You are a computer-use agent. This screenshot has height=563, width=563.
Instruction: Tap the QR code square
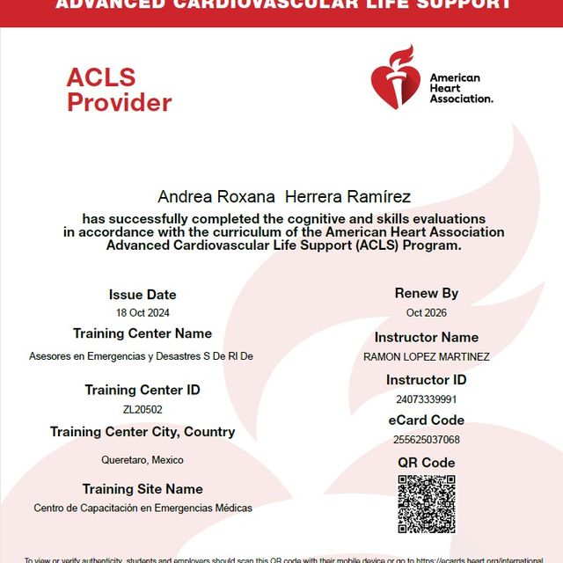tap(427, 504)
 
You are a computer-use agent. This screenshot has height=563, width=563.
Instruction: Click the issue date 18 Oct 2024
tap(143, 313)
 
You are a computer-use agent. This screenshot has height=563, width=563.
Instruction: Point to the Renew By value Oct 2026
tap(427, 313)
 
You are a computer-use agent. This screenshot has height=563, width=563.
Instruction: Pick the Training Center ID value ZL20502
tap(143, 409)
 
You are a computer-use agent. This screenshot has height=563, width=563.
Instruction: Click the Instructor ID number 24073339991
tap(427, 399)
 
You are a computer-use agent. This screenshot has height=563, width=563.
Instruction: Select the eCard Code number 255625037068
tap(427, 440)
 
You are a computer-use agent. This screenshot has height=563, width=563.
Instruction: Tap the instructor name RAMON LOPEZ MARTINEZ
tap(427, 357)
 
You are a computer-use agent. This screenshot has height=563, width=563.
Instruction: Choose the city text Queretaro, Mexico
tap(143, 460)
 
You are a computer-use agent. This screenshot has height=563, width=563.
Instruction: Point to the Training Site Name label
tap(143, 489)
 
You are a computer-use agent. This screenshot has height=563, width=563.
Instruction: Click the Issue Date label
tap(143, 295)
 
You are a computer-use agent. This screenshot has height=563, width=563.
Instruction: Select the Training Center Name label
tap(143, 333)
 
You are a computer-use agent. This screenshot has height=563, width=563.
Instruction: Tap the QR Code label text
tap(427, 463)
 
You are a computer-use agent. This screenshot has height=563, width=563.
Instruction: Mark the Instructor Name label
tap(427, 337)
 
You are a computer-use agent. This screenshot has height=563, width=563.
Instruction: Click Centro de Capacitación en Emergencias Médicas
tap(143, 508)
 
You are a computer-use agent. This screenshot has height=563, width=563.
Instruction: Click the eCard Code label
tap(427, 420)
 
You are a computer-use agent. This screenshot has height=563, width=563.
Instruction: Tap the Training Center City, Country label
tap(143, 432)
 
